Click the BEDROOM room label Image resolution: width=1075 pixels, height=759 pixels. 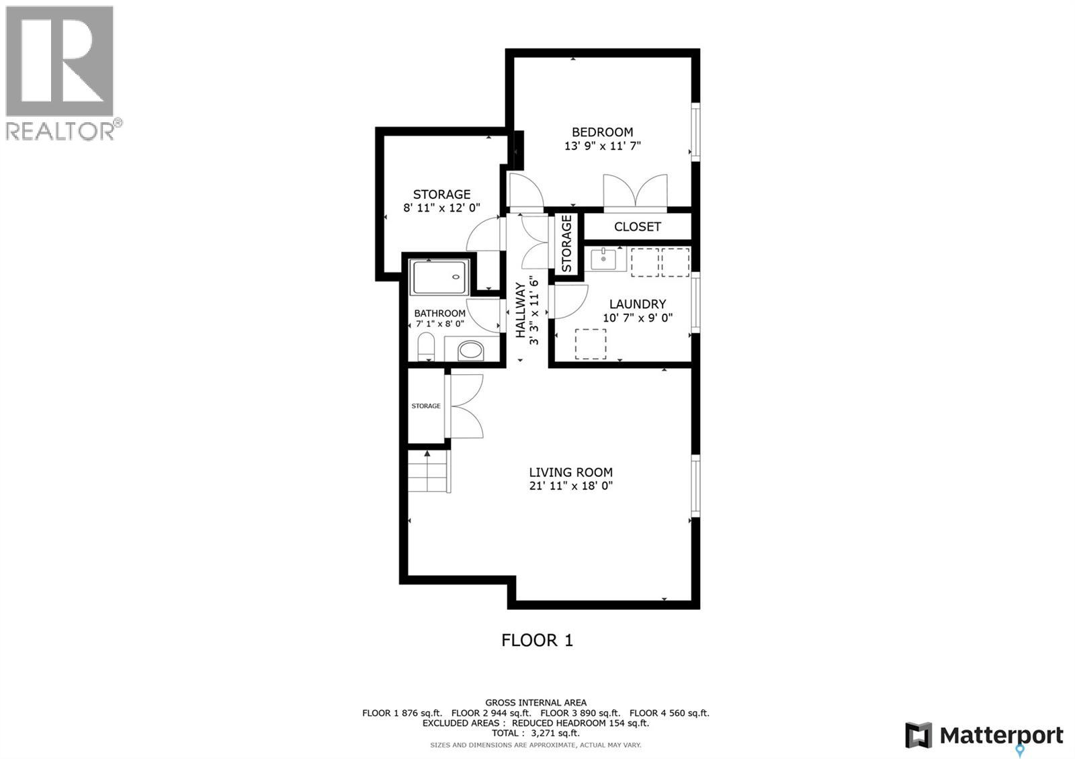pyautogui.click(x=602, y=132)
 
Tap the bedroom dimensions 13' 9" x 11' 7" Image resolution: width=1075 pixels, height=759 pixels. pyautogui.click(x=602, y=146)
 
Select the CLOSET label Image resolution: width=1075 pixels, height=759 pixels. pyautogui.click(x=637, y=227)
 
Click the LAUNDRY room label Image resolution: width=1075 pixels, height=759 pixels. pyautogui.click(x=637, y=304)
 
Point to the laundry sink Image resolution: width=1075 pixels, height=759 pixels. pyautogui.click(x=604, y=259)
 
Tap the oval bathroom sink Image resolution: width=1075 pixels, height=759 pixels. pyautogui.click(x=470, y=349)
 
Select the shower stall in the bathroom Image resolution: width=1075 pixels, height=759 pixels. pyautogui.click(x=438, y=277)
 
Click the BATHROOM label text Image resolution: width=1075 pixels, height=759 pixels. pyautogui.click(x=439, y=314)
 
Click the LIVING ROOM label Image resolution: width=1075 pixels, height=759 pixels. pyautogui.click(x=570, y=472)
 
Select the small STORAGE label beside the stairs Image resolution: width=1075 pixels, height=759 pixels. pyautogui.click(x=426, y=406)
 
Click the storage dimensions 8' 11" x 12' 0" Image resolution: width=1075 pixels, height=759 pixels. pyautogui.click(x=441, y=208)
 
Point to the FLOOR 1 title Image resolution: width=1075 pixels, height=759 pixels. pyautogui.click(x=537, y=640)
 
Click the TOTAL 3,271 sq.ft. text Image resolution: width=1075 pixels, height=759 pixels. pyautogui.click(x=535, y=733)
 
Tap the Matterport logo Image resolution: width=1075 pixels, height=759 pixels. pyautogui.click(x=984, y=735)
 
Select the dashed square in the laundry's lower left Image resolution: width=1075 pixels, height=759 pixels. pyautogui.click(x=590, y=343)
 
